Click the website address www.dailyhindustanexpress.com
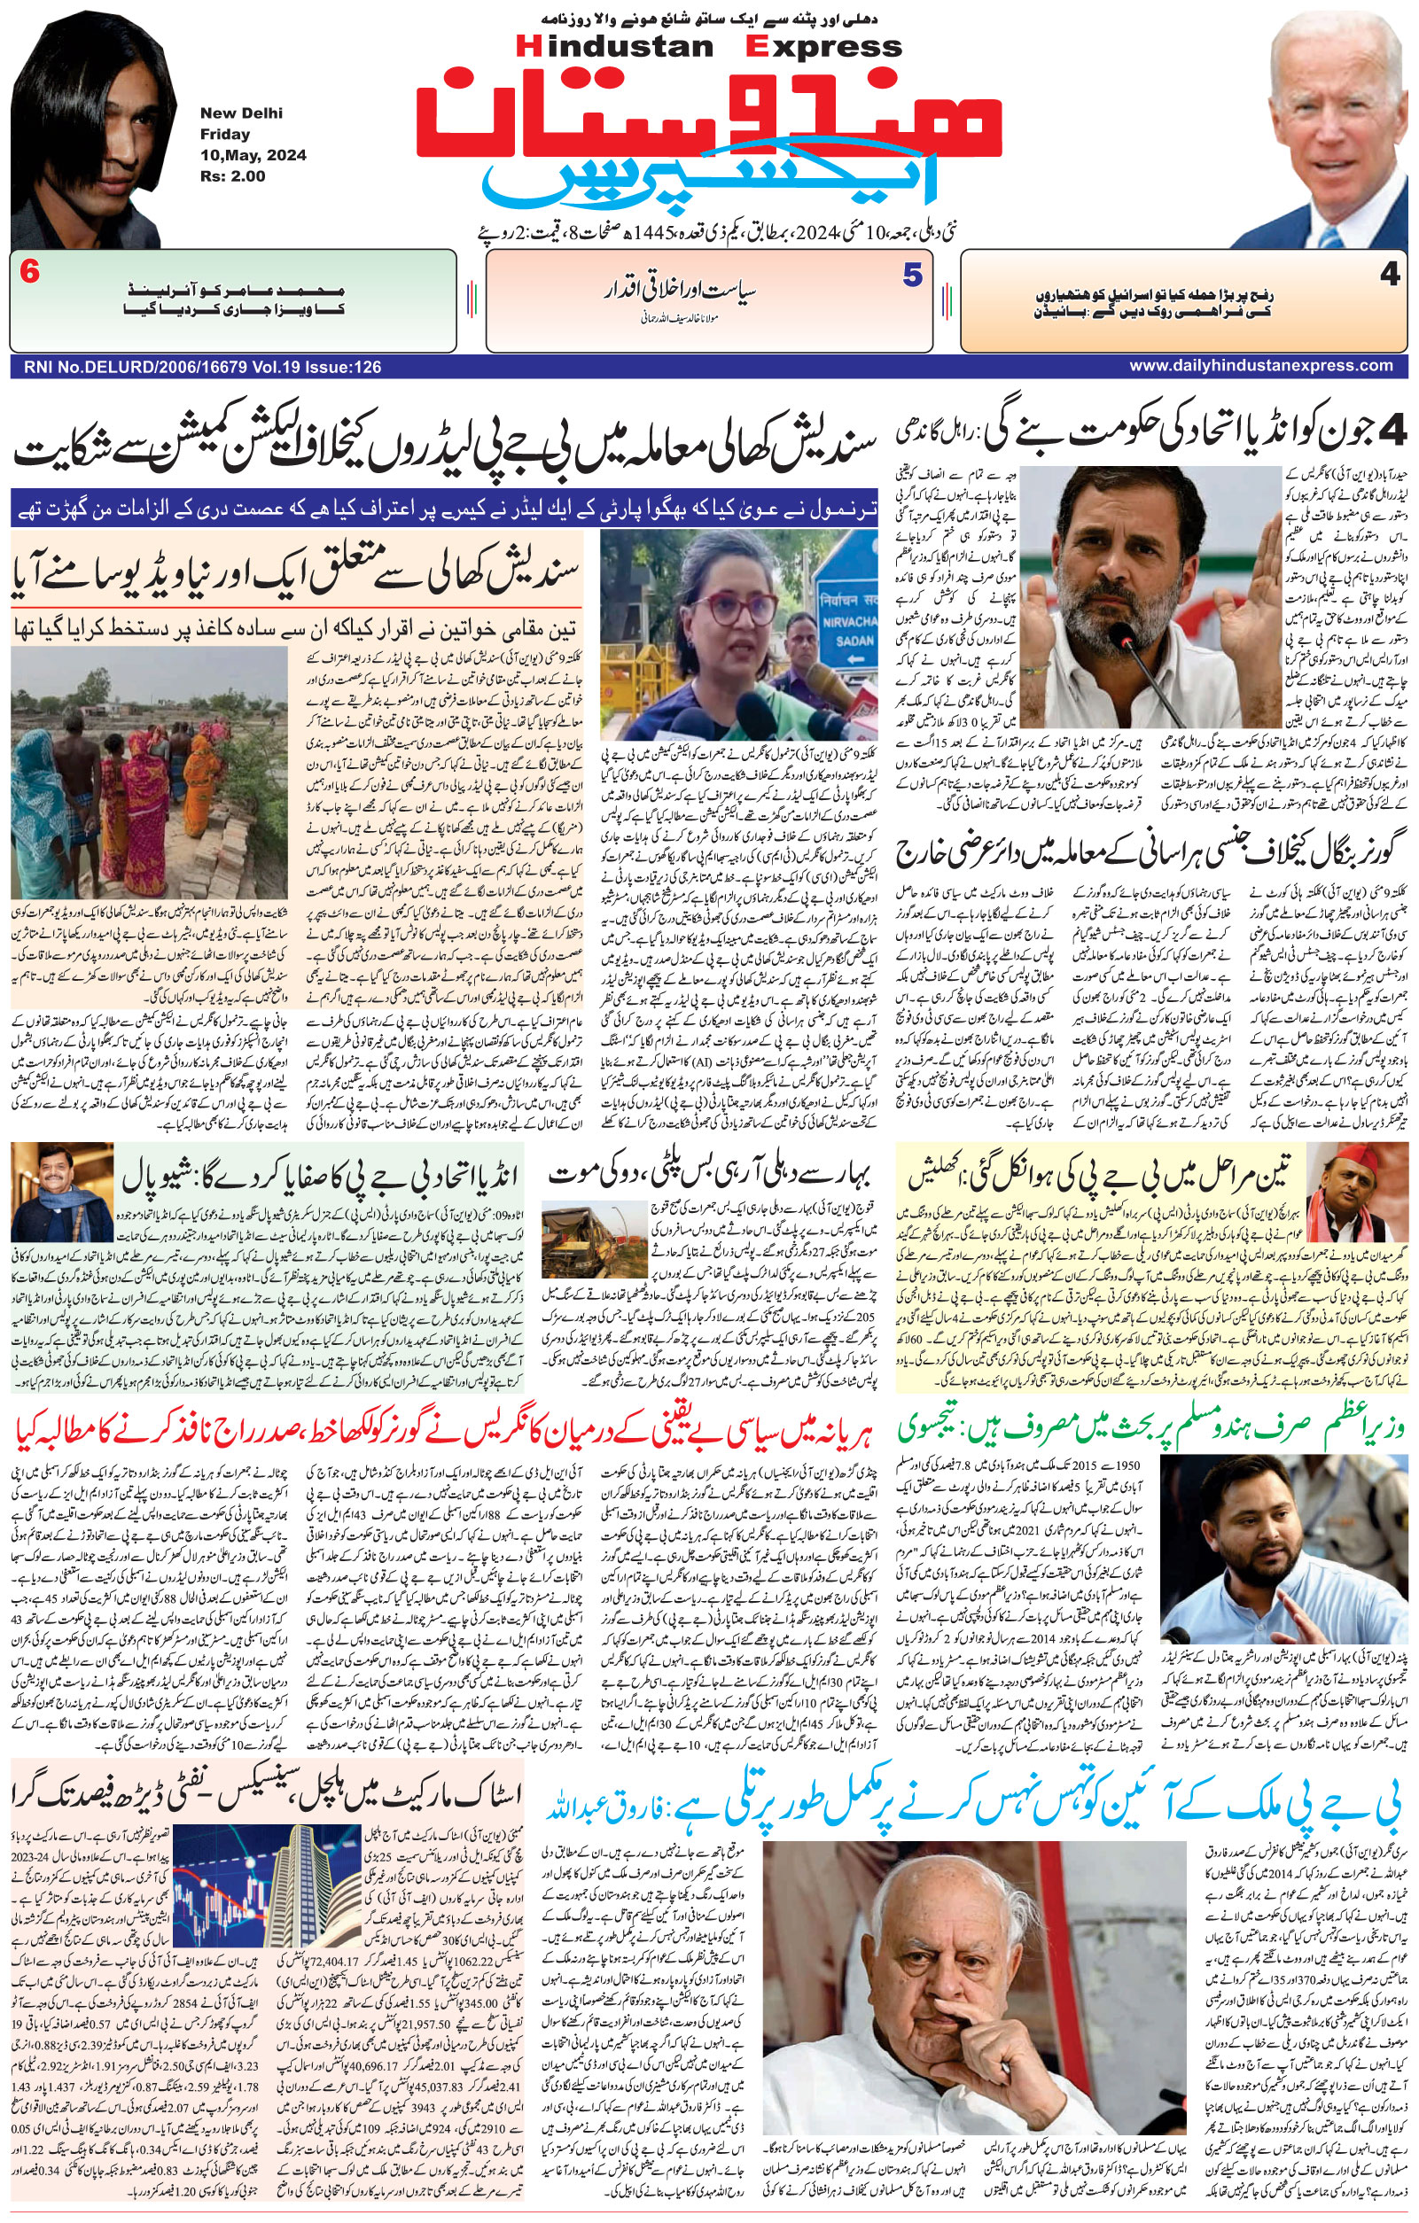tap(1260, 366)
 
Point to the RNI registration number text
tap(197, 367)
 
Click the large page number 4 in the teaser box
tap(1390, 277)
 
